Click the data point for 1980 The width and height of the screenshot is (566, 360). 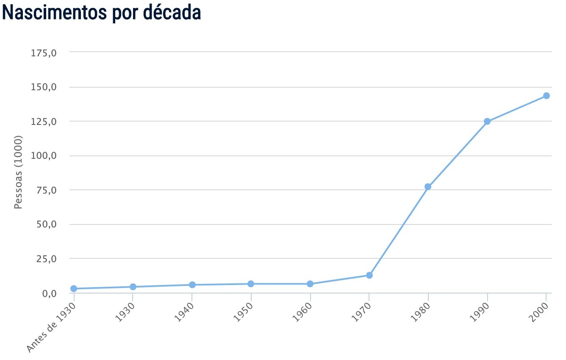[x=428, y=187]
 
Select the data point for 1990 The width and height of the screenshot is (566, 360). [x=487, y=122]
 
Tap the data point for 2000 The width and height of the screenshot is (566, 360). [x=547, y=96]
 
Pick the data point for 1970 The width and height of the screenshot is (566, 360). [x=369, y=275]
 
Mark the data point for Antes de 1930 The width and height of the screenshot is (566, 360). [x=74, y=289]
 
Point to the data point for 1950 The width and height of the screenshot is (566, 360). [x=251, y=284]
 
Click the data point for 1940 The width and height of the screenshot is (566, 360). [x=192, y=285]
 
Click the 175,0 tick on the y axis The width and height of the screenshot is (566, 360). [x=44, y=53]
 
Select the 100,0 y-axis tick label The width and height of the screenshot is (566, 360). [x=44, y=156]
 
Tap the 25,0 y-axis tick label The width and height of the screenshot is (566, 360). [x=46, y=259]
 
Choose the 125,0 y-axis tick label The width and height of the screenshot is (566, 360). [x=44, y=122]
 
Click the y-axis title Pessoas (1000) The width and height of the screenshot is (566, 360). [x=18, y=172]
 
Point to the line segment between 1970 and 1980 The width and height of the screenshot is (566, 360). [x=399, y=231]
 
